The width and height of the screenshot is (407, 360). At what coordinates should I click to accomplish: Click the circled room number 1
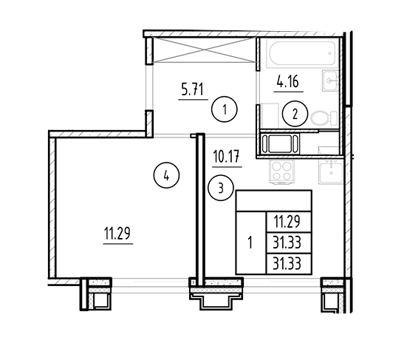pyautogui.click(x=225, y=109)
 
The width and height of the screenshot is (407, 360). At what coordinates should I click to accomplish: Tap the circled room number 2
pyautogui.click(x=295, y=114)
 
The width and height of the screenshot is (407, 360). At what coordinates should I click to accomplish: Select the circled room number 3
pyautogui.click(x=221, y=188)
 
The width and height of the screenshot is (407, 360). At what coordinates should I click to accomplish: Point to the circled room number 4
pyautogui.click(x=166, y=176)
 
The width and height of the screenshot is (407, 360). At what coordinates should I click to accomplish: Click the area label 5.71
pyautogui.click(x=193, y=89)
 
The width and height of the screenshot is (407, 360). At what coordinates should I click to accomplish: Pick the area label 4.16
pyautogui.click(x=288, y=81)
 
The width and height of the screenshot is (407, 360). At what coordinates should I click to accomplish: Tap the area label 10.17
pyautogui.click(x=227, y=157)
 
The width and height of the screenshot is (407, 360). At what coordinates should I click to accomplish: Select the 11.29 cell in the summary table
pyautogui.click(x=289, y=222)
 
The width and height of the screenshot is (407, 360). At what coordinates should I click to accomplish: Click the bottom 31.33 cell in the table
pyautogui.click(x=289, y=264)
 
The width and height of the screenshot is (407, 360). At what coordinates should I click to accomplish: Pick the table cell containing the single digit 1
pyautogui.click(x=251, y=243)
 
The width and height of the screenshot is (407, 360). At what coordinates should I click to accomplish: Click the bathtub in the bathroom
pyautogui.click(x=303, y=54)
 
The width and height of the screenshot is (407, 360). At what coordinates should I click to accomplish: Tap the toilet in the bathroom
pyautogui.click(x=324, y=118)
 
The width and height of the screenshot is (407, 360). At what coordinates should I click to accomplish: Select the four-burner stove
pyautogui.click(x=281, y=172)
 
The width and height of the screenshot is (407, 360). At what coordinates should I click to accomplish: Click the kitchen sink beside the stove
pyautogui.click(x=331, y=170)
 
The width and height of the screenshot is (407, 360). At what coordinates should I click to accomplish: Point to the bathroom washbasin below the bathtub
pyautogui.click(x=330, y=81)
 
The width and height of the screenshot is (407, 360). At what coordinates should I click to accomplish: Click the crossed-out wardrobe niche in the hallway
pyautogui.click(x=205, y=50)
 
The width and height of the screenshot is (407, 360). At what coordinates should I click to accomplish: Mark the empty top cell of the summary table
pyautogui.click(x=274, y=201)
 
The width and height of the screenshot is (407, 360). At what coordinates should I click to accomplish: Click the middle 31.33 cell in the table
pyautogui.click(x=289, y=243)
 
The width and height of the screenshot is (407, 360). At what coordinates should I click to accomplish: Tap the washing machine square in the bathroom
pyautogui.click(x=269, y=115)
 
